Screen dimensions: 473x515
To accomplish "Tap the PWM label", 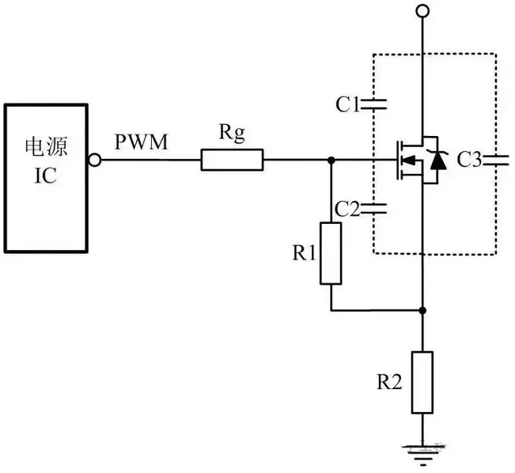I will [140, 143].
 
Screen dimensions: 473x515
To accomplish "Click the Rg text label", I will [231, 134].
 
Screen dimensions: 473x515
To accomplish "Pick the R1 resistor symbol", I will [331, 254].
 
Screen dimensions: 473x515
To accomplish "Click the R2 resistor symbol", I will [422, 382].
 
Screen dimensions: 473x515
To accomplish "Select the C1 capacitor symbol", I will [373, 104].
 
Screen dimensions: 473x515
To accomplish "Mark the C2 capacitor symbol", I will [373, 210].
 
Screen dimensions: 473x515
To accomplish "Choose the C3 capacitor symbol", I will [496, 161].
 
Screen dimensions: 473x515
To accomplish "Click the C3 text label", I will [468, 161].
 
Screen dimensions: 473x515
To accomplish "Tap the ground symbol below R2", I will [422, 452].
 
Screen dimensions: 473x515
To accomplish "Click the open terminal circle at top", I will [422, 10].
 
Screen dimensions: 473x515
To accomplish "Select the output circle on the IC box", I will [95, 161].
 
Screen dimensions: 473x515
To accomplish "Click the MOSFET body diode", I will [437, 161].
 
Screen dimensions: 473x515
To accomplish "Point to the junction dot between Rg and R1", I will [331, 161].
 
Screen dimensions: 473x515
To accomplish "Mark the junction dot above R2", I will [422, 310].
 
